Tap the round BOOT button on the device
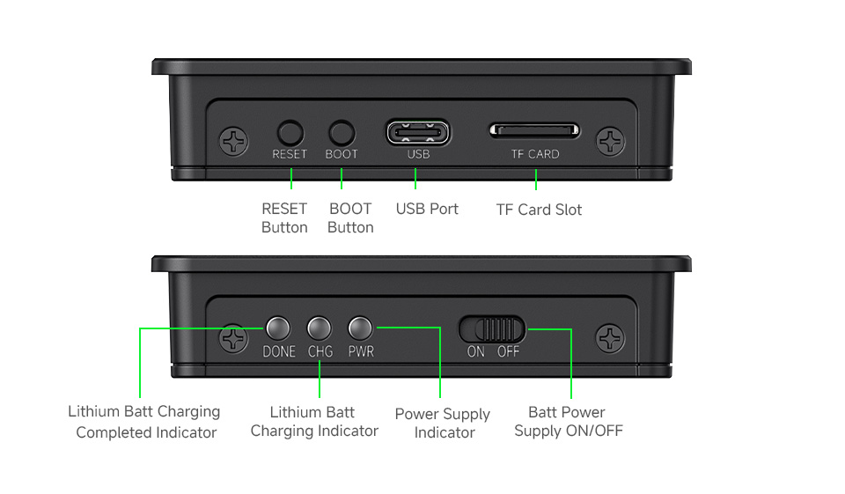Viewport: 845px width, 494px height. (x=342, y=133)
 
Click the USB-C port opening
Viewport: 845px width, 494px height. (x=418, y=133)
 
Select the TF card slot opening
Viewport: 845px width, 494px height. (x=535, y=131)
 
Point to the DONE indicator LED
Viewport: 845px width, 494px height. (x=278, y=329)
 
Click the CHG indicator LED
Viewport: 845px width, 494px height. (x=320, y=329)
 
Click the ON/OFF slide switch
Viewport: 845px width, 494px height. (x=492, y=329)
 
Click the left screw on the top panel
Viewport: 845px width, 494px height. (x=233, y=141)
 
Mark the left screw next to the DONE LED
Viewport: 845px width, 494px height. (x=233, y=338)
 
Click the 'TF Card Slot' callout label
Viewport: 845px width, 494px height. (x=539, y=210)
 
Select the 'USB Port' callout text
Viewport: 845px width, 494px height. (x=427, y=209)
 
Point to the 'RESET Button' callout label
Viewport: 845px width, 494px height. (x=284, y=218)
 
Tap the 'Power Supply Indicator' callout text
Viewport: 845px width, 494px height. (x=443, y=424)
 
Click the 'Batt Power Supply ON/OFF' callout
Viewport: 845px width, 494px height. (x=568, y=422)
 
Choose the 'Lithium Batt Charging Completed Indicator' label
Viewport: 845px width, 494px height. (x=145, y=422)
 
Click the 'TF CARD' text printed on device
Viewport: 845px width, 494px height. (x=535, y=154)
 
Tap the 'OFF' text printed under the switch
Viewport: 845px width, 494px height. (x=509, y=351)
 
